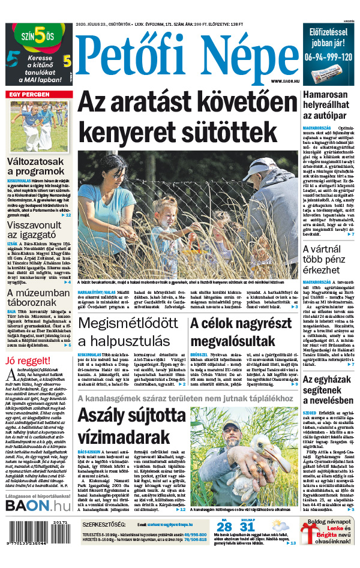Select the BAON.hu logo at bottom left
click(x=38, y=506)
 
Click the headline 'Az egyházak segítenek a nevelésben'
click(x=328, y=390)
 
